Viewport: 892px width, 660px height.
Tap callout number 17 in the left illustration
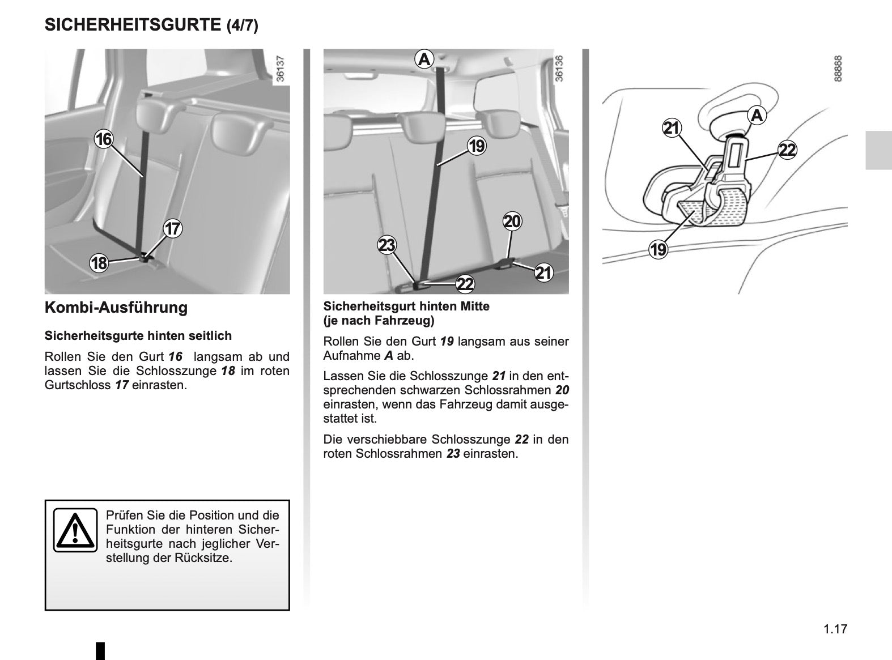coord(172,229)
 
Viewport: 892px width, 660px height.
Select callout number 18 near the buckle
coord(99,263)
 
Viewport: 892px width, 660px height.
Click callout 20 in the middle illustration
coord(512,221)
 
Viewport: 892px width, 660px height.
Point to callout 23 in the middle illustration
coord(387,245)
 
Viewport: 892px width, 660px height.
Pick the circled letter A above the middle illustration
coord(424,58)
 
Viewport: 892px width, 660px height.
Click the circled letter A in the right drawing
coord(756,116)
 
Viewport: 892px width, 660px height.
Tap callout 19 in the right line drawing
coord(658,249)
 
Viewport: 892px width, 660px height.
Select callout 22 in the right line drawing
coord(787,150)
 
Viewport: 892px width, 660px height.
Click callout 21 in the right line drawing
coord(672,129)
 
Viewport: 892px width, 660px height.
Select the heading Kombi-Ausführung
coord(116,308)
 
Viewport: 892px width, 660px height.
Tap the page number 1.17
coord(835,629)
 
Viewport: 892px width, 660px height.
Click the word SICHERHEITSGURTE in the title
coord(132,25)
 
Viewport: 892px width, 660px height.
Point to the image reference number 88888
coord(838,68)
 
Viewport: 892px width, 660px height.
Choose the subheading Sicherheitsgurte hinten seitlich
coord(138,336)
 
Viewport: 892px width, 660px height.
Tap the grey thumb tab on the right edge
coord(878,150)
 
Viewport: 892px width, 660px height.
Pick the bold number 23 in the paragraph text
coord(453,454)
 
